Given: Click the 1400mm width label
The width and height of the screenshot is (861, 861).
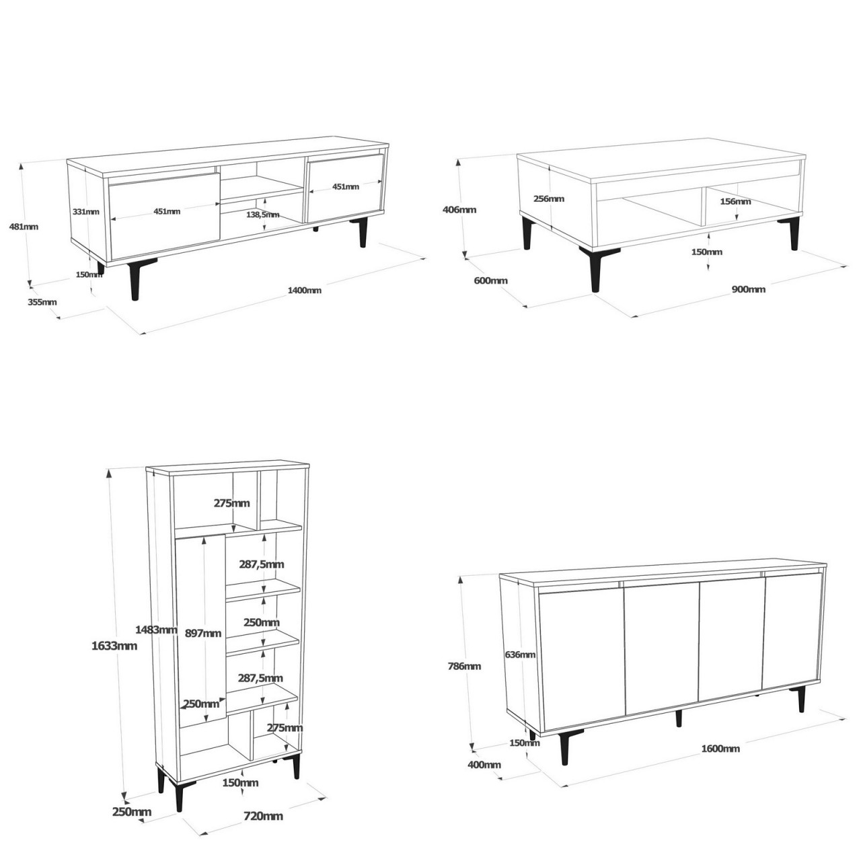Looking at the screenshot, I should click(x=304, y=291).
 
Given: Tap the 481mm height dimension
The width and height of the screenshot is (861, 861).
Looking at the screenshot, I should click(x=24, y=227).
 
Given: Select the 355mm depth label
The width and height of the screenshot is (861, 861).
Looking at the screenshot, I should click(x=42, y=302).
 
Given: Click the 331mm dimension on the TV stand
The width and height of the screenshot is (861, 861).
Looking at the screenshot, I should click(x=85, y=211).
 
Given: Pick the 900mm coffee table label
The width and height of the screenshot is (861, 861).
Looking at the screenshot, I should click(x=749, y=289).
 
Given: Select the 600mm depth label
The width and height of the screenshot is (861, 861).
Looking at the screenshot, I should click(x=490, y=280).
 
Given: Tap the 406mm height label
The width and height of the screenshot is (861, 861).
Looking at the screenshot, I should click(x=459, y=209).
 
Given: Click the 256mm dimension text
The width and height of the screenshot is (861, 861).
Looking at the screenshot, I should click(x=549, y=198).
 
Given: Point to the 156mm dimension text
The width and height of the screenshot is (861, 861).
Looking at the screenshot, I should click(x=735, y=201).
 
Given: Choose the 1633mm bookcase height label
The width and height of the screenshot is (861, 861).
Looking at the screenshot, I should click(x=114, y=646).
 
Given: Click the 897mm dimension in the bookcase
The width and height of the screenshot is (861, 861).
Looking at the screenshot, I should click(x=202, y=633).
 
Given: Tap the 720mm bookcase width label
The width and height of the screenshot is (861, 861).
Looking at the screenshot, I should click(x=264, y=816).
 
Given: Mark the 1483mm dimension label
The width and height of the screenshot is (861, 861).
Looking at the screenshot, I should click(x=156, y=630).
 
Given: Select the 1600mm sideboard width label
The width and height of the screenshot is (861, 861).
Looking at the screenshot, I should click(x=720, y=749).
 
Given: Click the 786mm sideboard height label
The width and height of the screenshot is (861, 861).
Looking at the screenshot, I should click(x=465, y=667).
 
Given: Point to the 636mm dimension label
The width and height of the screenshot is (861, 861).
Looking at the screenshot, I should click(x=520, y=654).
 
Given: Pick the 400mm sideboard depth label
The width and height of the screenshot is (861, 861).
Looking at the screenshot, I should click(x=484, y=765).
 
